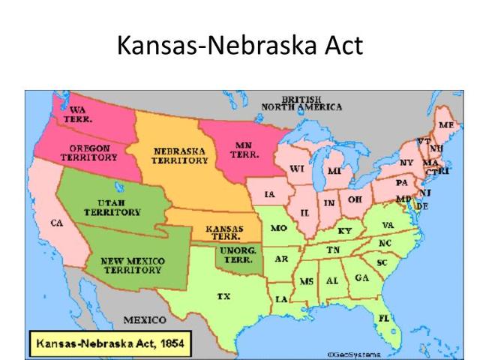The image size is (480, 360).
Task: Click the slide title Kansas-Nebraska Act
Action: [240, 46]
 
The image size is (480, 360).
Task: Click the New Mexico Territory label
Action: [133, 265]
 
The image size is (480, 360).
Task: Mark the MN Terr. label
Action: [241, 150]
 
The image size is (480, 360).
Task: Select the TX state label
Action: [223, 296]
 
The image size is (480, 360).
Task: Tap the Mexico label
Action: [144, 320]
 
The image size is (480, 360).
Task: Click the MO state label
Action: [278, 228]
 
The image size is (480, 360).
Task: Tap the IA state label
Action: [270, 194]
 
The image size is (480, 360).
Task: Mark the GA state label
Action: [361, 277]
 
